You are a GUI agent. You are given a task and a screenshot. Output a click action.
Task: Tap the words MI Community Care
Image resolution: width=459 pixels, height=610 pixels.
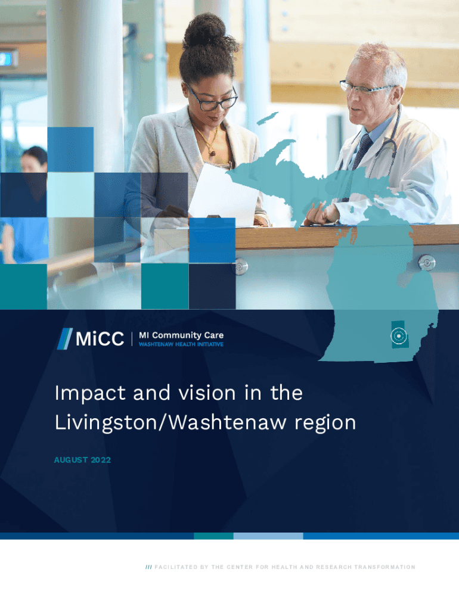[x=181, y=335]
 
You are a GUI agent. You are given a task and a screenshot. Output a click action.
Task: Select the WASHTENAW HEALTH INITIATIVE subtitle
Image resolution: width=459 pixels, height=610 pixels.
[x=181, y=345]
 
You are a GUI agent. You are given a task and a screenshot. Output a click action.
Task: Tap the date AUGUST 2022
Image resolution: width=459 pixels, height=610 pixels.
[x=82, y=460]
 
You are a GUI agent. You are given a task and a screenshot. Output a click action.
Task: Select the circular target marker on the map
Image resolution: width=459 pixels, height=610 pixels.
[x=398, y=337]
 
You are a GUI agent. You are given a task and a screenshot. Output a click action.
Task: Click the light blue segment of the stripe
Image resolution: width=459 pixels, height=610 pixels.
[x=268, y=536]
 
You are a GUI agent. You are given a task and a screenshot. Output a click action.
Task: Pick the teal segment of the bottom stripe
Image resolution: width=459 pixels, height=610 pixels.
[x=213, y=536]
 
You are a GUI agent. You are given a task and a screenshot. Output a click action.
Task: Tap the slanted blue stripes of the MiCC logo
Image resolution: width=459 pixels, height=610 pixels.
[x=64, y=339]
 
